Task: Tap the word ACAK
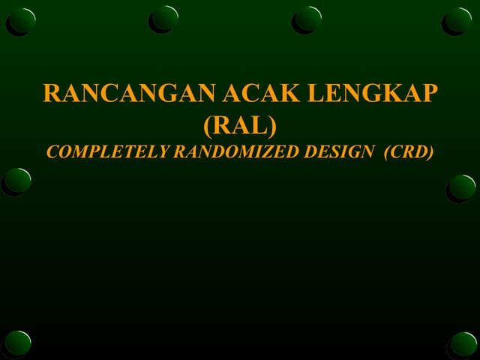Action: coord(260,93)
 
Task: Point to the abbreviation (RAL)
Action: coord(240,122)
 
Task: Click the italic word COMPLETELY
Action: coord(107,151)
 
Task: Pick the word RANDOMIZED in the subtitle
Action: coord(232,151)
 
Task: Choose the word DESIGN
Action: coord(337,151)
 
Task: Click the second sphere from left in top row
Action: coord(165,18)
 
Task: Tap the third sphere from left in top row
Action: coord(308,18)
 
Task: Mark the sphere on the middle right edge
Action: coord(463,187)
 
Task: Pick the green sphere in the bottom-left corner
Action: coord(18,343)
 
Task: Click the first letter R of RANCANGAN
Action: coord(51,93)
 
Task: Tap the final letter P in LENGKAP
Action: coord(429,93)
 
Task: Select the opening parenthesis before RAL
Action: coord(208,123)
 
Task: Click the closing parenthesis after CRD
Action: coord(430,151)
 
